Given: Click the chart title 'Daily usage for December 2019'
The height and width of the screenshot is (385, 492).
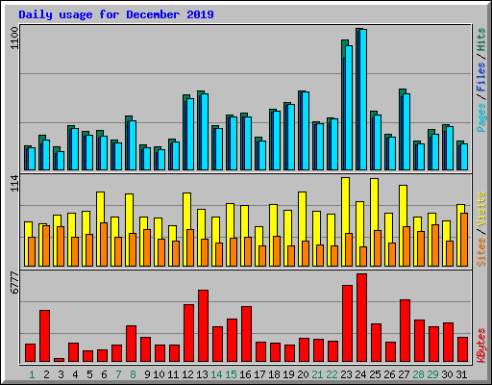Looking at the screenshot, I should click(x=116, y=14).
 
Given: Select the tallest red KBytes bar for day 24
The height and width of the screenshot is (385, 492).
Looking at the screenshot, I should click(x=361, y=318).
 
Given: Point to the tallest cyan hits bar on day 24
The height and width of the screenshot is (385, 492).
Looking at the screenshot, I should click(x=362, y=100).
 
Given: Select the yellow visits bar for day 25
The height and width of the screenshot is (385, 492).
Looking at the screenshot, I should click(x=374, y=217).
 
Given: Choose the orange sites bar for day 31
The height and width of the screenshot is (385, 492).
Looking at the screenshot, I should click(x=463, y=240).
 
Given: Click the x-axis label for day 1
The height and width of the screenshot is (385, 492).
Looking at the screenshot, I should click(x=31, y=373).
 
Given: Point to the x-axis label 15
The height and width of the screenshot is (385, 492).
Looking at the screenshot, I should click(x=232, y=373).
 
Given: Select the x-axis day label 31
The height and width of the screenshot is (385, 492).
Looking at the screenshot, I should click(x=462, y=373).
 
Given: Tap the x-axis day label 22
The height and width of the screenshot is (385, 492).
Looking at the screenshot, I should click(x=332, y=373).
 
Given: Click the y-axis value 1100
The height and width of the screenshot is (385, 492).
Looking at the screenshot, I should click(x=13, y=39).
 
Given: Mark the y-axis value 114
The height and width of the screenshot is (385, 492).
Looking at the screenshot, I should click(x=13, y=185).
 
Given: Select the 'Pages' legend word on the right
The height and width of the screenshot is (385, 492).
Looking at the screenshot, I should click(x=480, y=118).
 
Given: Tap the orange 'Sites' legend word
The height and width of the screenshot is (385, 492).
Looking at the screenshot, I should click(x=480, y=251).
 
